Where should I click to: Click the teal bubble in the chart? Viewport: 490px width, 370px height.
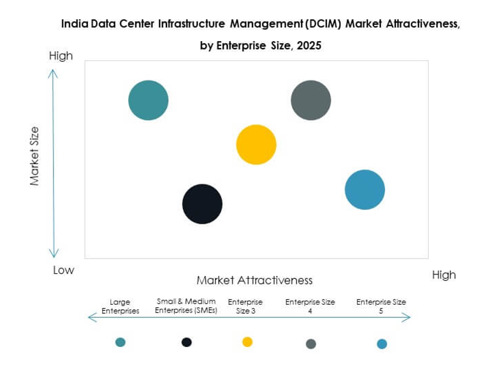(x=148, y=101)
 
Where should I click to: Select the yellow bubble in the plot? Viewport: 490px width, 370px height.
(x=256, y=145)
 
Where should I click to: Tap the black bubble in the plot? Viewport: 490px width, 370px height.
(x=202, y=204)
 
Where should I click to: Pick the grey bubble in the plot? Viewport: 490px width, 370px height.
(x=311, y=101)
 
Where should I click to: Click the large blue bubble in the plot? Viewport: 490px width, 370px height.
(x=365, y=189)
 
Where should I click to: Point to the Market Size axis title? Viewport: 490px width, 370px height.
(x=35, y=156)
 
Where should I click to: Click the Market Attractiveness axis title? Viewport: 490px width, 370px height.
(x=254, y=280)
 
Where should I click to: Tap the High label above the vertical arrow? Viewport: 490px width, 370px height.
(x=61, y=56)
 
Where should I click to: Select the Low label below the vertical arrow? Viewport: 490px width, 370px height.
(x=63, y=270)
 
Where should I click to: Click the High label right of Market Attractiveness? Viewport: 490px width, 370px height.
(x=443, y=275)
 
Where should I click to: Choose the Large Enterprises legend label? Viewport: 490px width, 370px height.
(x=120, y=306)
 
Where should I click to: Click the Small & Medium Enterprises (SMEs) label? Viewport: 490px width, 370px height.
(x=186, y=306)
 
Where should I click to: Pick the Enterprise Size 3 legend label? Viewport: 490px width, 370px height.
(x=245, y=306)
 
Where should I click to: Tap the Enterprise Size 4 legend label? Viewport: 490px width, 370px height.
(x=310, y=306)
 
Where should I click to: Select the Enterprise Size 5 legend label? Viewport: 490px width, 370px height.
(x=381, y=306)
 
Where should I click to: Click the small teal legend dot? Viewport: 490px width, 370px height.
(x=120, y=342)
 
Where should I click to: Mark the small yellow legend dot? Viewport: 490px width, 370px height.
(x=247, y=342)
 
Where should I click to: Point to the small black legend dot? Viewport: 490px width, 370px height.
(x=187, y=342)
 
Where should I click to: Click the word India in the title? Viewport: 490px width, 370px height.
(x=73, y=25)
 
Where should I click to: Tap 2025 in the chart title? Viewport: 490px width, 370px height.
(x=310, y=46)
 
